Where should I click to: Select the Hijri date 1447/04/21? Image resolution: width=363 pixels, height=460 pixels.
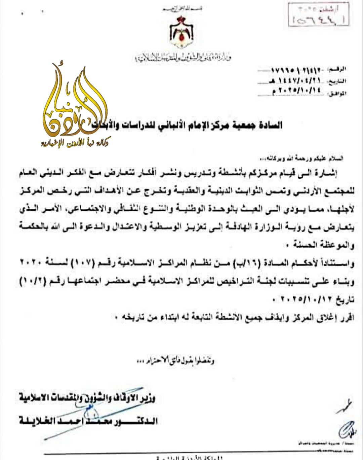click(296, 81)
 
